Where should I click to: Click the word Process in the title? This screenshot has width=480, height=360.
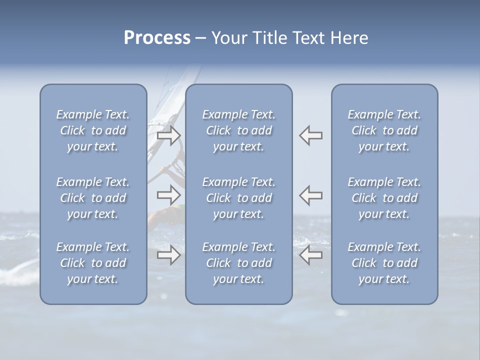point(157,38)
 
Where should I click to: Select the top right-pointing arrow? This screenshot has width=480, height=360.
point(169,135)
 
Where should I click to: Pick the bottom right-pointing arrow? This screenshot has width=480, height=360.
point(169,255)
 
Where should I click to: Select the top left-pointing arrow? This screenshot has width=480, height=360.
point(310,135)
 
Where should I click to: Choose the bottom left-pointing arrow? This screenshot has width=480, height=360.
point(310,255)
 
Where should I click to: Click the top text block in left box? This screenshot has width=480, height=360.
point(93,130)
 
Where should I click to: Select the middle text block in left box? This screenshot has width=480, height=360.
point(93,198)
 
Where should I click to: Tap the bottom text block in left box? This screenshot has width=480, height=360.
point(93,263)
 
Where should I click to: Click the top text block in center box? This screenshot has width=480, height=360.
point(238,130)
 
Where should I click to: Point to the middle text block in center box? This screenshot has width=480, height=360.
point(238,198)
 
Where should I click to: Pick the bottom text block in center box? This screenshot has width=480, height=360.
point(238,263)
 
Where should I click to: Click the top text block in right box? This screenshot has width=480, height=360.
point(384,130)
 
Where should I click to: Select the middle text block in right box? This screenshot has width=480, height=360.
point(384,198)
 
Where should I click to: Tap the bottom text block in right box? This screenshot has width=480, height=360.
point(384,263)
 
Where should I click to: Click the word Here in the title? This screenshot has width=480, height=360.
point(348,38)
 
